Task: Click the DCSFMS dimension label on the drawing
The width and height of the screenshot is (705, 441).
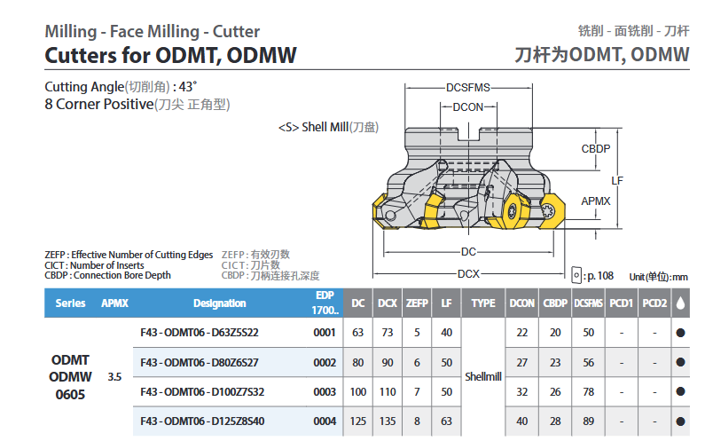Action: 468,88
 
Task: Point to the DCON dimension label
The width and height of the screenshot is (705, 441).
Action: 468,107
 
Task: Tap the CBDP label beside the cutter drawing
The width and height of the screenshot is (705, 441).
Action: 596,149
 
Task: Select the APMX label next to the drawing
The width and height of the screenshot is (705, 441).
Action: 596,201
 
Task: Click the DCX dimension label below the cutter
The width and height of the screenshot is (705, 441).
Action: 468,273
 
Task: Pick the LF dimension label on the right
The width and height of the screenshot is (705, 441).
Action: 617,181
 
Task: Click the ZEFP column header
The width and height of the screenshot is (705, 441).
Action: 417,303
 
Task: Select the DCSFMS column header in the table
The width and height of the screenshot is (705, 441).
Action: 588,303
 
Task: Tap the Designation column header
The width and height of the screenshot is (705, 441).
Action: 219,303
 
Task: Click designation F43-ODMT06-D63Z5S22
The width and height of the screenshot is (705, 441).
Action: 200,333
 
